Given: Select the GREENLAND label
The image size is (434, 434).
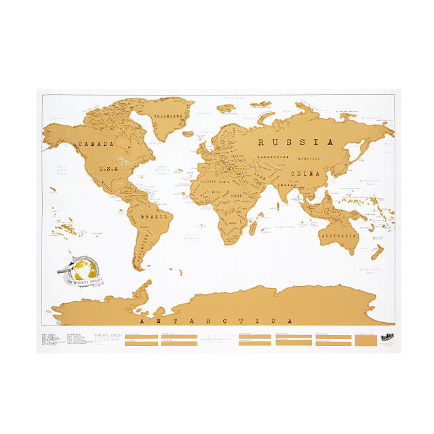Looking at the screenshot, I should coord(169,117).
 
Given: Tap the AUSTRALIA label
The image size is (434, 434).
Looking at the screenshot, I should coord(340,235).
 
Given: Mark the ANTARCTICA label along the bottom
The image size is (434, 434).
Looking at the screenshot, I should coord(215,321).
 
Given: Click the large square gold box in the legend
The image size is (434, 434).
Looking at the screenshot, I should coord(367,342).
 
